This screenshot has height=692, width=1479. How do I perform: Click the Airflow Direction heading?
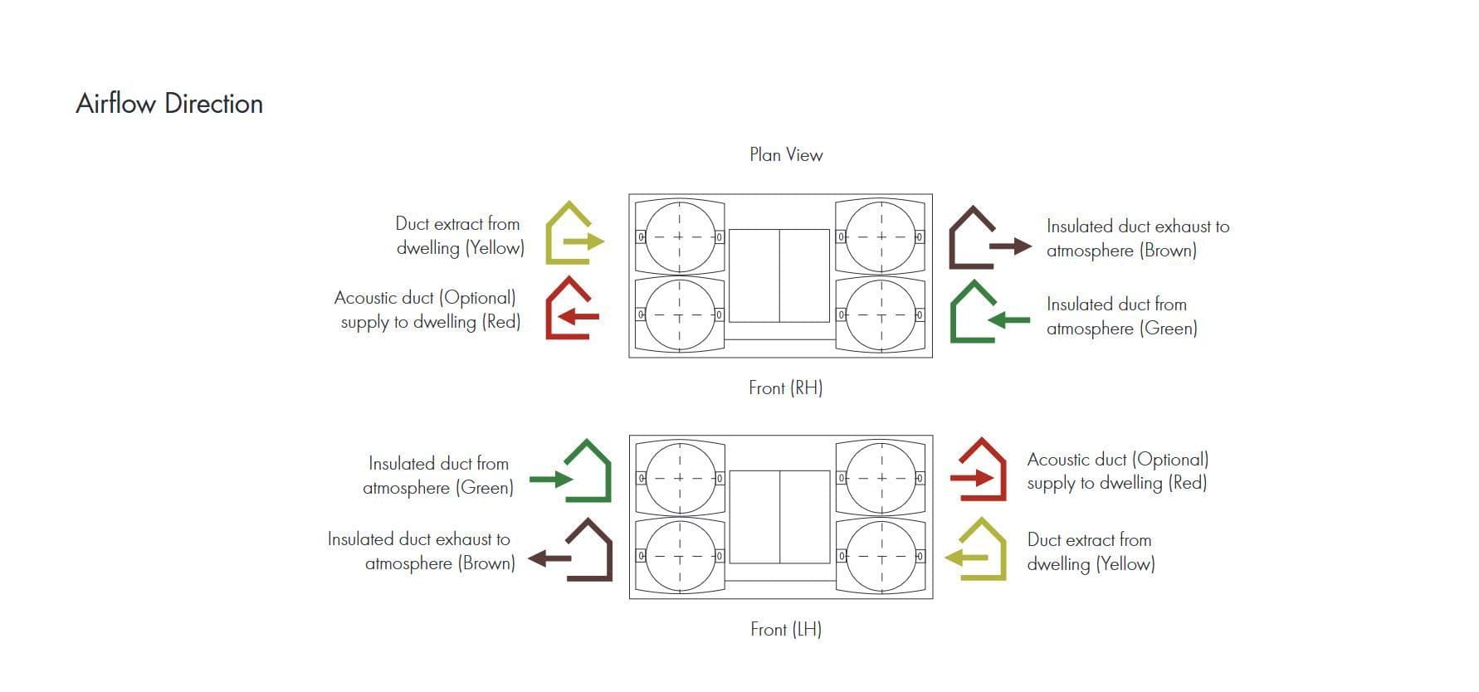coord(169,104)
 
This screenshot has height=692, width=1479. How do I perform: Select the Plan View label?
coord(786,155)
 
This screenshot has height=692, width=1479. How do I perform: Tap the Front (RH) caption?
coord(785,387)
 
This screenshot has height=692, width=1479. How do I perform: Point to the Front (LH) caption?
coord(785,629)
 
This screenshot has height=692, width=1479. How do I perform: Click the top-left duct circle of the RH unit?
coord(679,236)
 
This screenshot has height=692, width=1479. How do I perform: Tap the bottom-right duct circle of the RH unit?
coord(880,315)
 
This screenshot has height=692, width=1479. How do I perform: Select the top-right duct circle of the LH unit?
coord(880,478)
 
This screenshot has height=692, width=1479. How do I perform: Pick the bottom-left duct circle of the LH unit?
coord(679,556)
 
